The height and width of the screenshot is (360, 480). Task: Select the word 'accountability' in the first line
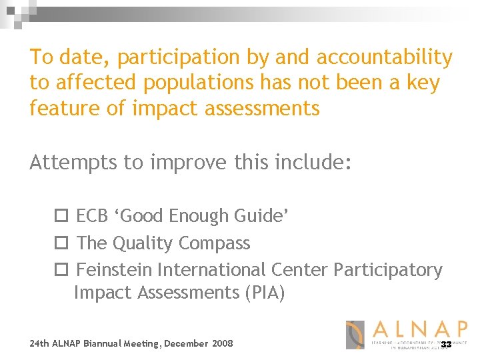pos(385,58)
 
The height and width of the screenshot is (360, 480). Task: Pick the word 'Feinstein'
pos(114,270)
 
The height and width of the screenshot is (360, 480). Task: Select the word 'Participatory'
pos(387,270)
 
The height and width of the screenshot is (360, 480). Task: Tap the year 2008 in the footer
pos(222,343)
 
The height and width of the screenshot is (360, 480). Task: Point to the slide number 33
pos(446,344)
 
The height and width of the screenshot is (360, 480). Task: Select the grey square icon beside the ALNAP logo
pos(355,335)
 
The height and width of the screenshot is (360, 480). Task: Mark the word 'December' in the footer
pos(186,343)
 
